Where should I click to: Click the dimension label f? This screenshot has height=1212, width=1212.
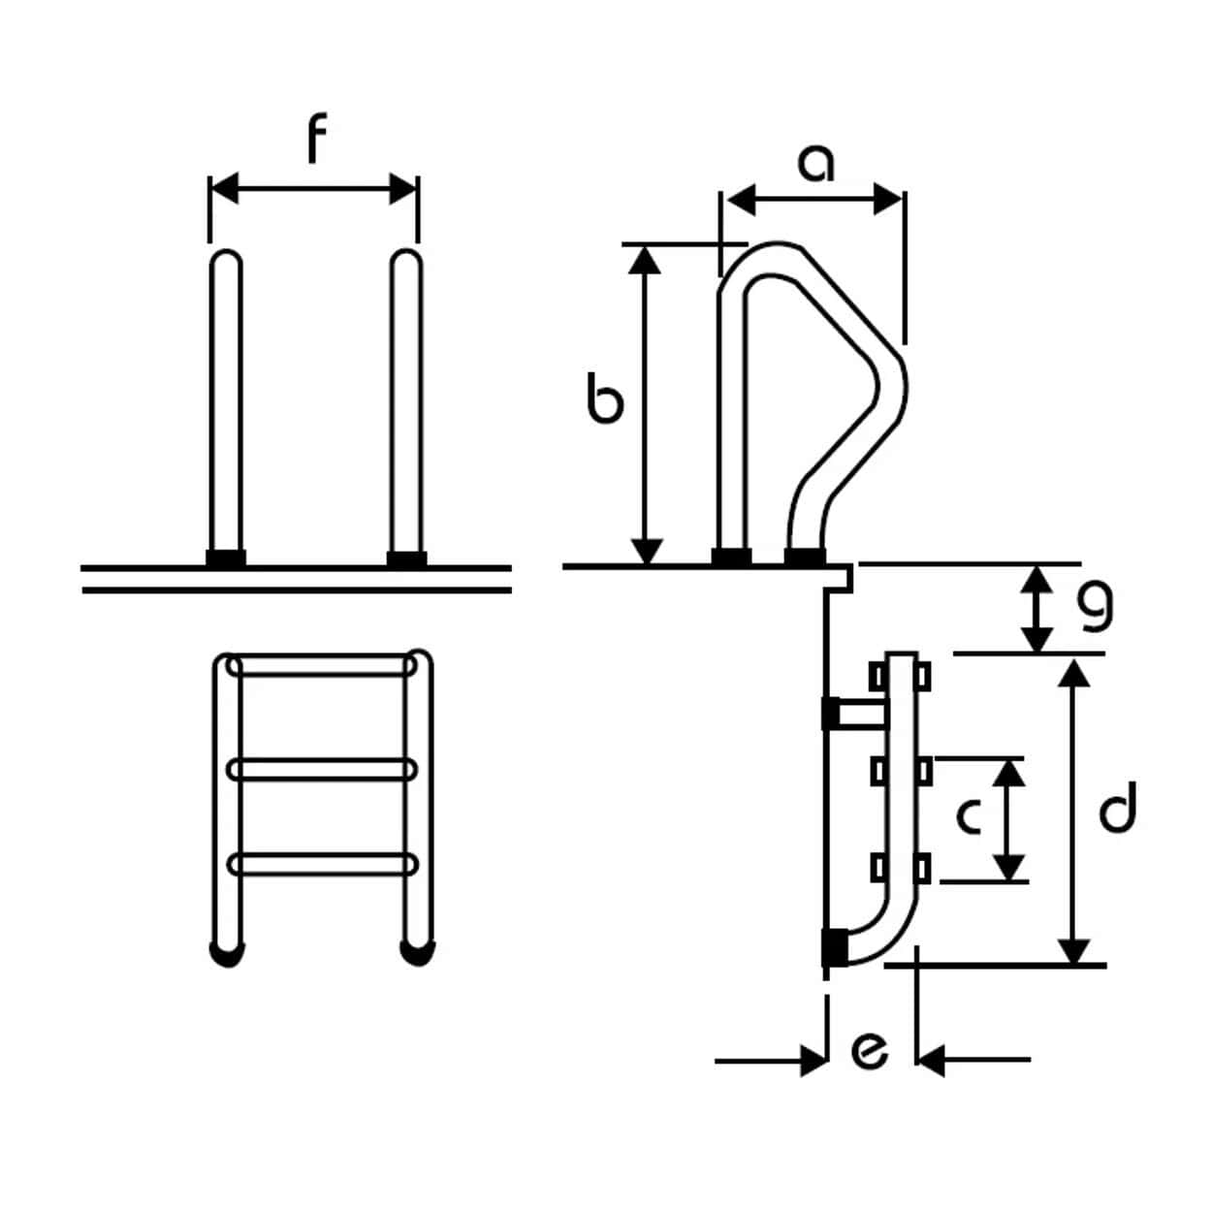tap(316, 140)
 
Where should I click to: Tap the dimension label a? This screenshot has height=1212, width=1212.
tap(815, 164)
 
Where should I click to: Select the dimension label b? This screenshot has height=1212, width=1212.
tap(605, 401)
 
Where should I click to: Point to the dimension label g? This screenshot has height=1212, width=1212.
tap(1096, 607)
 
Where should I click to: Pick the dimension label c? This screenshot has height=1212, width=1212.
tap(969, 816)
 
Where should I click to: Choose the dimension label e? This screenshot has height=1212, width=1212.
tap(869, 1050)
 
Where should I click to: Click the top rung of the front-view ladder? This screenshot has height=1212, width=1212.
tap(322, 667)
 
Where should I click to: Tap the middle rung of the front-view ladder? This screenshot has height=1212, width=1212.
tap(322, 770)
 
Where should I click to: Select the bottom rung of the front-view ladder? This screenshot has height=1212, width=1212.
tap(322, 863)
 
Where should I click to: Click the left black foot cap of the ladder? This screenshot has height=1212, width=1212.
tap(226, 954)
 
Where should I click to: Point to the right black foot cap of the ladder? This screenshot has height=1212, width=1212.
tap(417, 954)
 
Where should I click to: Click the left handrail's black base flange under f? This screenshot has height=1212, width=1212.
tap(226, 558)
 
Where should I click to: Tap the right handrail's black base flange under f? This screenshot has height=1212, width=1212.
tap(406, 558)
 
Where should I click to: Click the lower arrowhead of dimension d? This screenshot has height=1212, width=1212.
tap(1073, 950)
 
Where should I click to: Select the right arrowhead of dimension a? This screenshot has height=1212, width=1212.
tap(888, 201)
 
